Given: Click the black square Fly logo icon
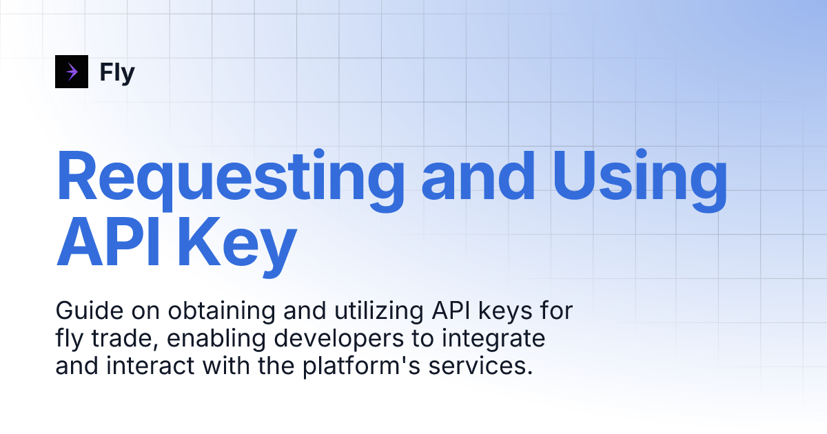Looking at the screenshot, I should click(x=72, y=72).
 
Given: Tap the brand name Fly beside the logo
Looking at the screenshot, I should click(x=117, y=72).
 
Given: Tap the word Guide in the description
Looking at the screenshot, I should click(x=82, y=311).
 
